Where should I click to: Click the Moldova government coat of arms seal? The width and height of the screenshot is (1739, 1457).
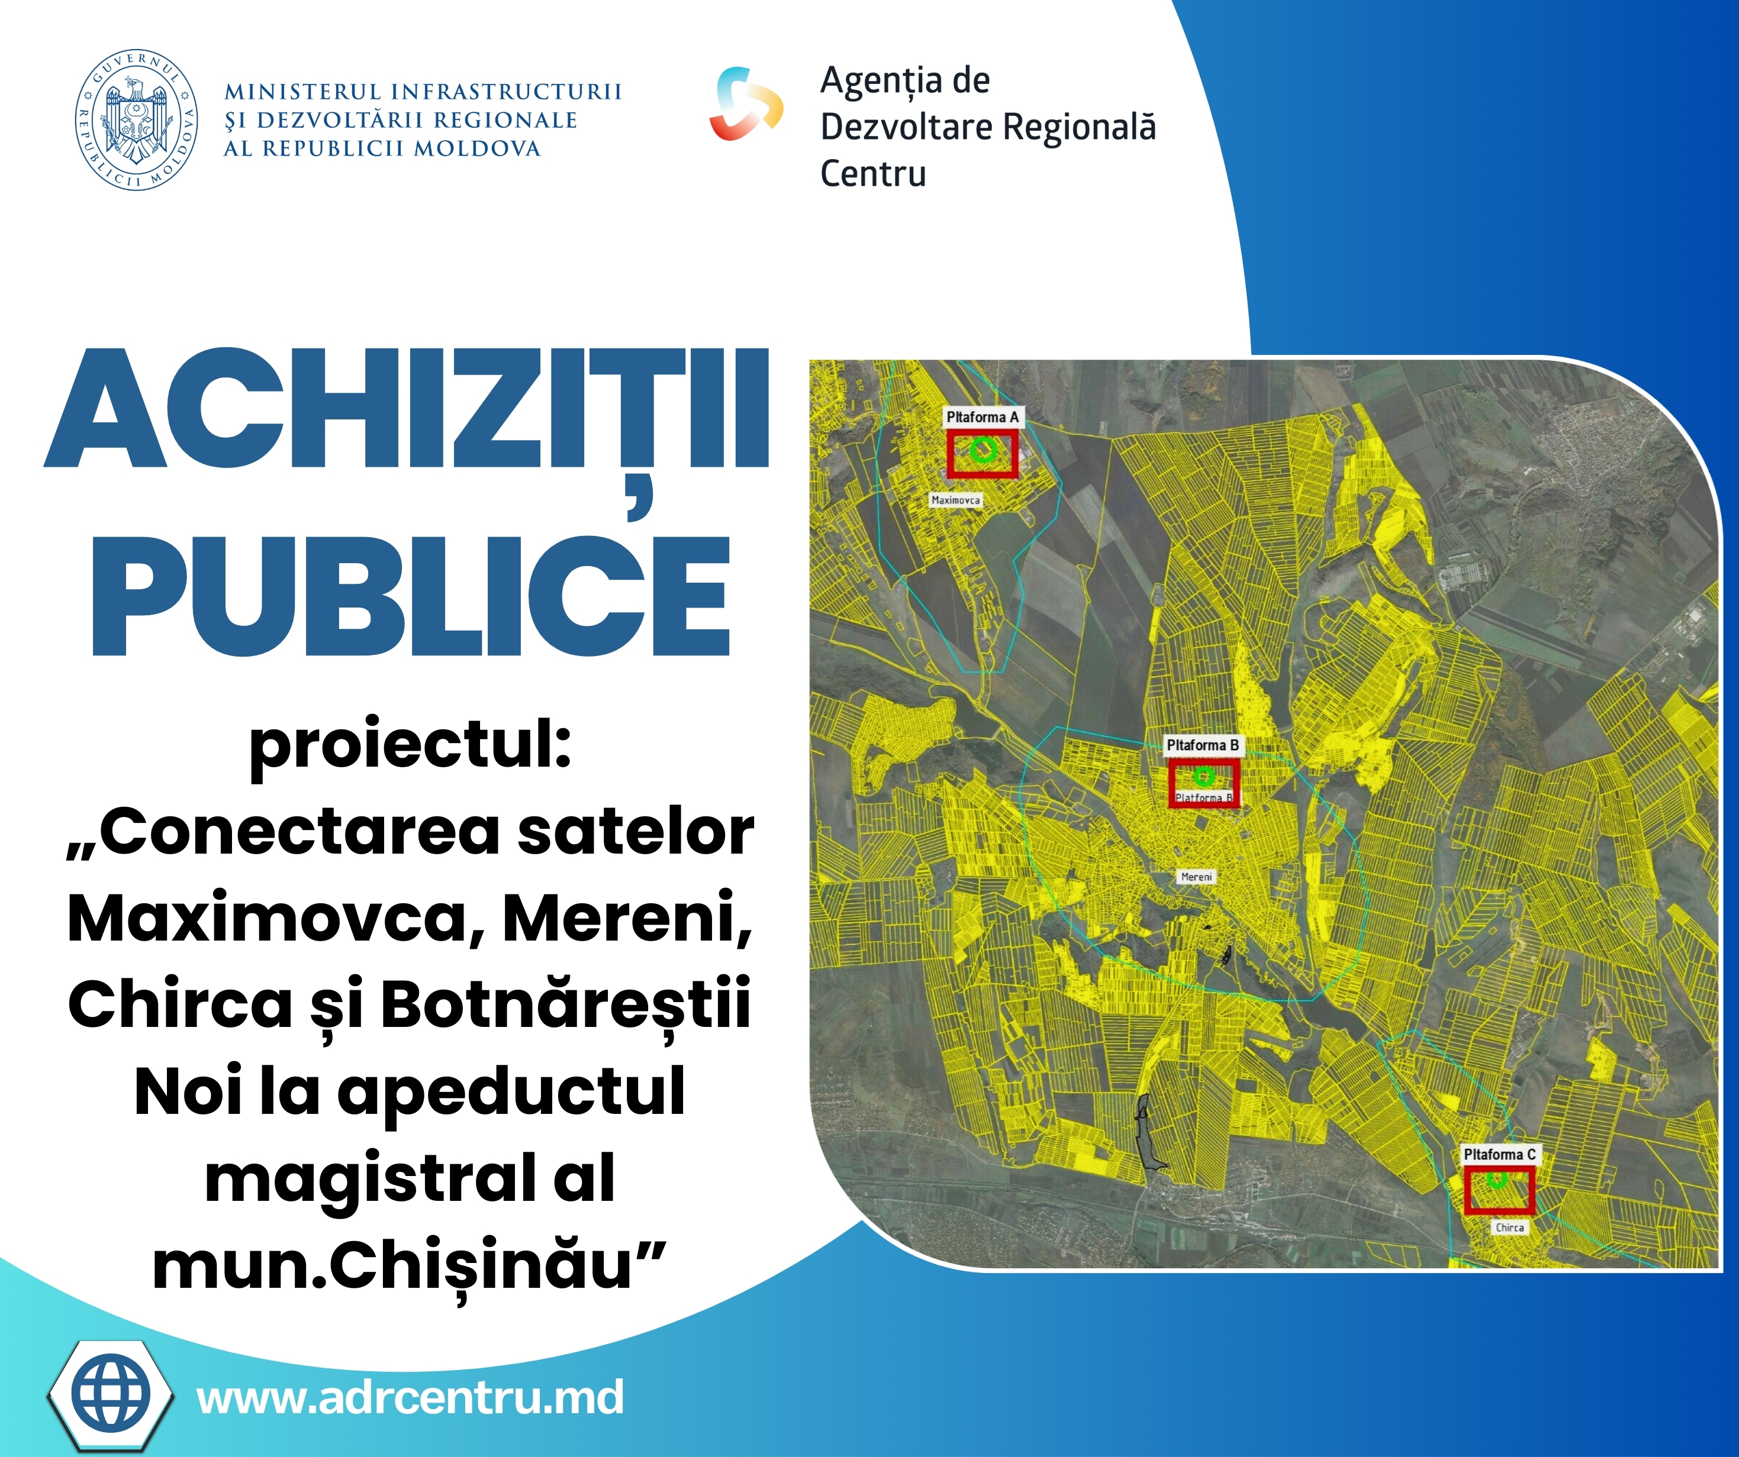(x=137, y=119)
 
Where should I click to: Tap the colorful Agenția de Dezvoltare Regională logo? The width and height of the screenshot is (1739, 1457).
(x=745, y=104)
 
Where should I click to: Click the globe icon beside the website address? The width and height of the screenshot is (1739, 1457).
(x=111, y=1395)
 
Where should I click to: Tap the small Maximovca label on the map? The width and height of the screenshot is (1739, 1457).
(x=956, y=500)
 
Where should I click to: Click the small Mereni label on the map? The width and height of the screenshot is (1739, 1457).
(x=1197, y=877)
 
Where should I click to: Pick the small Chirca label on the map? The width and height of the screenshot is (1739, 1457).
(x=1509, y=1227)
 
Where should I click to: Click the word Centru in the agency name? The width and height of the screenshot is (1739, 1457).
(x=873, y=174)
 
